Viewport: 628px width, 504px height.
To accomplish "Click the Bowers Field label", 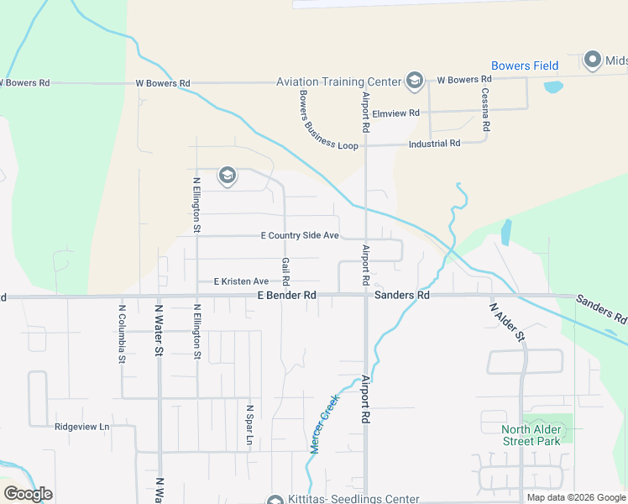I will coord(522,66).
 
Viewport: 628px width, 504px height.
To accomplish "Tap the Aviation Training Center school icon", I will coord(414,81).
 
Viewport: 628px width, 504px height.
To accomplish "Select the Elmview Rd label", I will coord(396,113).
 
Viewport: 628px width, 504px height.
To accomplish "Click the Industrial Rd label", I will coord(434,144).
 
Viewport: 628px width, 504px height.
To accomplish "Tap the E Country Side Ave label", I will coord(300,236).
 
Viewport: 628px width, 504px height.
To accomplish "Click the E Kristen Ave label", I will coord(241,281).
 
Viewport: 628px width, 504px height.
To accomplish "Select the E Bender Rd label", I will coord(286,296).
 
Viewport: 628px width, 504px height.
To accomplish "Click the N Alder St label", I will coord(507,322).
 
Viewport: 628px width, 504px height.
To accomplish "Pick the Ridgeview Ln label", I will coord(82,427).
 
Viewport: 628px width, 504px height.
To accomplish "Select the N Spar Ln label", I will coord(249,426).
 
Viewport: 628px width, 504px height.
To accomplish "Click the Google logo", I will coord(28,494).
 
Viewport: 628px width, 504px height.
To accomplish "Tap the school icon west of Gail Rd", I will coord(226,176).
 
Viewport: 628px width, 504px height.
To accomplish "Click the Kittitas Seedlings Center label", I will coord(353,499).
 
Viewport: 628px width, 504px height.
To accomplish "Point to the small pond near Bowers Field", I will coord(553,87).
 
